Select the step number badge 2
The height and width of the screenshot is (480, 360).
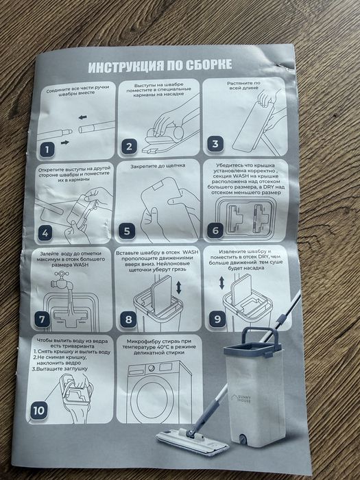pos(129,147)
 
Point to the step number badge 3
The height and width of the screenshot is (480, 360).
pos(215,144)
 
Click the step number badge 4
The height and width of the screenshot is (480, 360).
pos(45,232)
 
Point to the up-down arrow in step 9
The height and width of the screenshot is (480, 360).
pos(221,283)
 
